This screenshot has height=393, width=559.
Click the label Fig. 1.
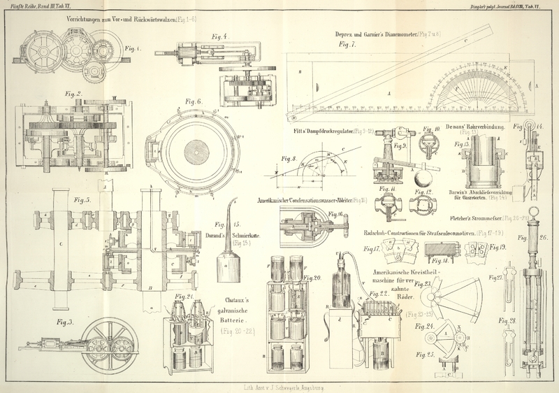(x=132, y=49)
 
